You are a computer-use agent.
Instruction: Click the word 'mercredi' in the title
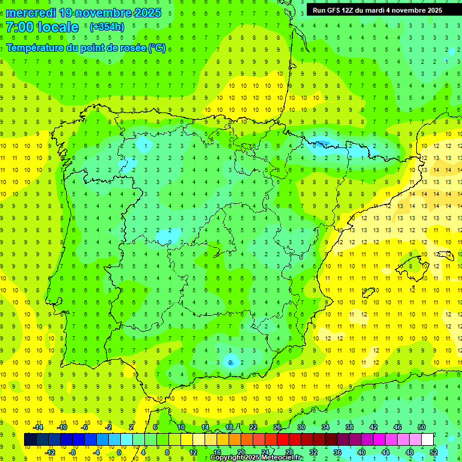pyautogui.click(x=31, y=13)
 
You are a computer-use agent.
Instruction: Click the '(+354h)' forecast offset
pyautogui.click(x=106, y=27)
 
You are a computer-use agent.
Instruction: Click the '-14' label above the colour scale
pyautogui.click(x=38, y=427)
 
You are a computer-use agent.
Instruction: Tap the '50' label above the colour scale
pyautogui.click(x=422, y=427)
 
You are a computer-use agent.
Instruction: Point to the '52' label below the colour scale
pyautogui.click(x=434, y=452)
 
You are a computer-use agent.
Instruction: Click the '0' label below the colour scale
pyautogui.click(x=119, y=452)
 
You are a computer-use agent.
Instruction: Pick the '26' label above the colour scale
pyautogui.click(x=277, y=427)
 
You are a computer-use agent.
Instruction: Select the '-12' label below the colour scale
pyautogui.click(x=51, y=452)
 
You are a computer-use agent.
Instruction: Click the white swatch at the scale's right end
pyautogui.click(x=428, y=440)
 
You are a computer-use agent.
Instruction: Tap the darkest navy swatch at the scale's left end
pyautogui.click(x=30, y=440)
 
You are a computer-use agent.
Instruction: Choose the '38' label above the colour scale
pyautogui.click(x=350, y=427)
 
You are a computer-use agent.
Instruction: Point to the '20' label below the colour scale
pyautogui.click(x=241, y=452)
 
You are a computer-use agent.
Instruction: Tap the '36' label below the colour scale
pyautogui.click(x=337, y=452)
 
